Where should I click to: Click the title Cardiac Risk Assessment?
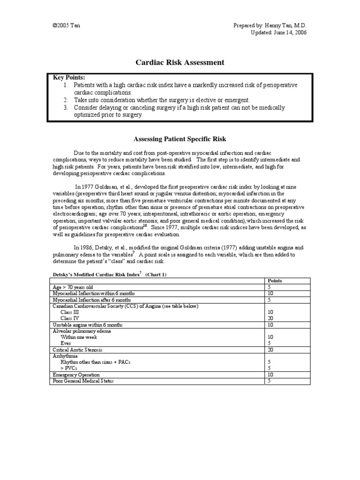click(180, 62)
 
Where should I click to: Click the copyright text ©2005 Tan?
click(66, 25)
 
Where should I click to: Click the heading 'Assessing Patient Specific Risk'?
click(180, 139)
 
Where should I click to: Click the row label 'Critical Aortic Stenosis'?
click(78, 350)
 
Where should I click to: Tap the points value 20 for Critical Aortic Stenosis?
click(270, 350)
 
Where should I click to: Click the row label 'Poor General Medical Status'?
click(82, 381)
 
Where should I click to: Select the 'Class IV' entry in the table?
click(70, 318)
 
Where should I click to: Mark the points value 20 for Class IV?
click(270, 318)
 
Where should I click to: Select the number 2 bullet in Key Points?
click(66, 100)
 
